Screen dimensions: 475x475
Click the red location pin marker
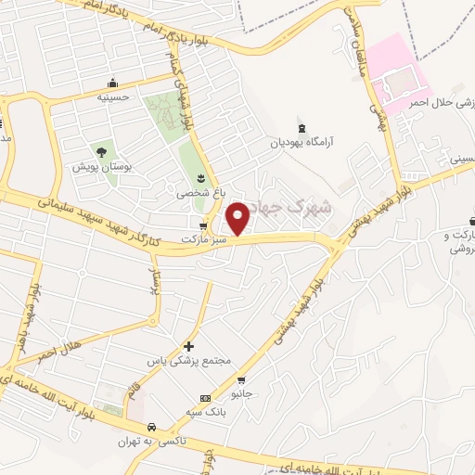(238, 219)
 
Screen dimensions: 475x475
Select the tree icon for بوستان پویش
(100, 152)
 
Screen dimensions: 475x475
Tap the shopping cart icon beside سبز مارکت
(203, 225)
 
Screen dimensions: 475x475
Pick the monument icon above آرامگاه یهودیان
(301, 128)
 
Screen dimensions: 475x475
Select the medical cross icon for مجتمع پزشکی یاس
(189, 345)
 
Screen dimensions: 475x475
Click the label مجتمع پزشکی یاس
(189, 360)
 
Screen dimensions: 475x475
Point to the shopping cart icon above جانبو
(241, 379)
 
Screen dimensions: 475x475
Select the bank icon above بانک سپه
(205, 398)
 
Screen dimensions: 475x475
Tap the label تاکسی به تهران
(152, 443)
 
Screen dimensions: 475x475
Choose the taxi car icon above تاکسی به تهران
(164, 429)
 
